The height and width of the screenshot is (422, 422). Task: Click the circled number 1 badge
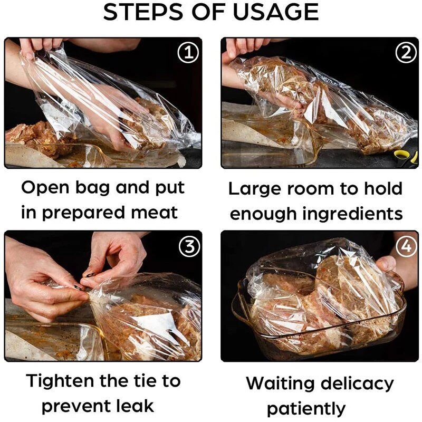(x=188, y=54)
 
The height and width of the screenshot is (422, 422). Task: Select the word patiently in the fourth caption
(x=306, y=408)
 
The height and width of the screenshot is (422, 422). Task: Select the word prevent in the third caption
(x=72, y=406)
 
